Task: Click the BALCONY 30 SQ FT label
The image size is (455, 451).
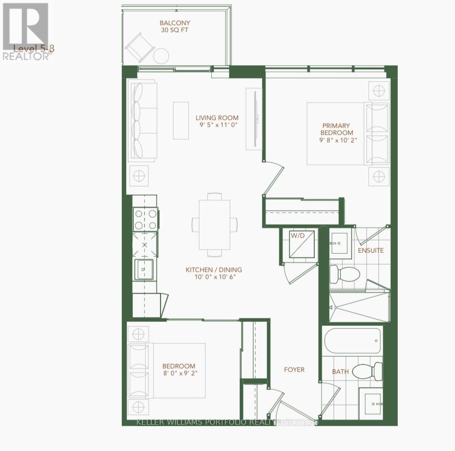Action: pyautogui.click(x=175, y=26)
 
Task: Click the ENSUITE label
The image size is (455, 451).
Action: pyautogui.click(x=370, y=250)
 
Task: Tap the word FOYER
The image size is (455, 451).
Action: pyautogui.click(x=294, y=370)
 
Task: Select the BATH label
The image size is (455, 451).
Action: pyautogui.click(x=340, y=372)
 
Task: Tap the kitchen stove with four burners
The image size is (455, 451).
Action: pyautogui.click(x=145, y=220)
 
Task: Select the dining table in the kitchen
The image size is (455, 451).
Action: pyautogui.click(x=215, y=225)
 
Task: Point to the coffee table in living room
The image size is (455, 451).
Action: pyautogui.click(x=181, y=121)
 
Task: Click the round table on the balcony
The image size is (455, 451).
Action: pyautogui.click(x=161, y=56)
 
